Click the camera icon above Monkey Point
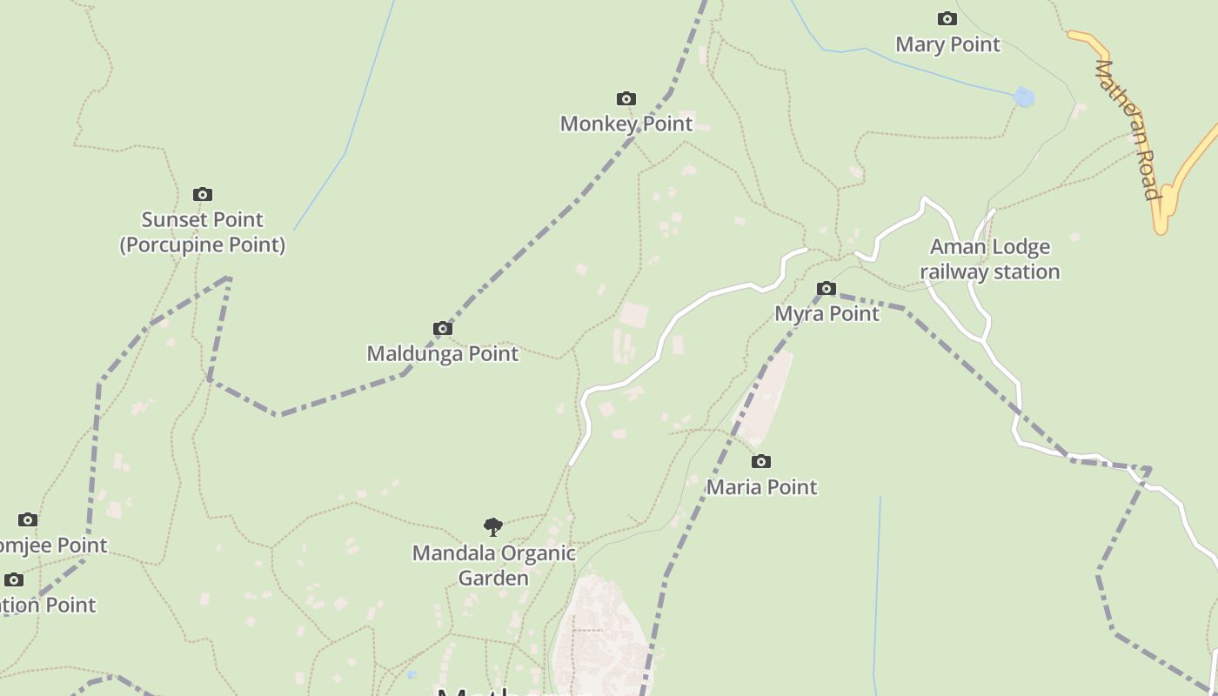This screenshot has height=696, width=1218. click(x=626, y=98)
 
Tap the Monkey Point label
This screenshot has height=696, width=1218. click(x=626, y=124)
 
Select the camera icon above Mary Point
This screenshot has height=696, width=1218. click(x=947, y=18)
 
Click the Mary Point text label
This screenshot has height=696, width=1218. click(x=947, y=43)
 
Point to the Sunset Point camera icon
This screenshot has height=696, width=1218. click(x=203, y=194)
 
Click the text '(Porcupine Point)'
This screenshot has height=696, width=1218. click(x=203, y=244)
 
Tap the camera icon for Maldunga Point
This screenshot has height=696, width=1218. click(x=443, y=328)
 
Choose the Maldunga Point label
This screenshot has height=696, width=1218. click(x=443, y=353)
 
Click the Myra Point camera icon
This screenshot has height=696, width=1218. click(x=826, y=288)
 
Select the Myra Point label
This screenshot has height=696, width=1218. click(x=826, y=313)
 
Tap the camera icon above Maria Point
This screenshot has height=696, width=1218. click(x=761, y=461)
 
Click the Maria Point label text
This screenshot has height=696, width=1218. click(x=761, y=486)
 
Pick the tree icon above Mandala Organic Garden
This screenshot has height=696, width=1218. click(x=493, y=526)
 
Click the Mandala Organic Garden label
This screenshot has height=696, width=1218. click(x=493, y=565)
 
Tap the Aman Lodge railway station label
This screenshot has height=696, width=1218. click(x=990, y=259)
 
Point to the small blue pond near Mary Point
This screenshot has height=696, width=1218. click(x=1024, y=97)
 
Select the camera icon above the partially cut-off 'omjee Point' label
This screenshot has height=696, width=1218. click(x=28, y=519)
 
